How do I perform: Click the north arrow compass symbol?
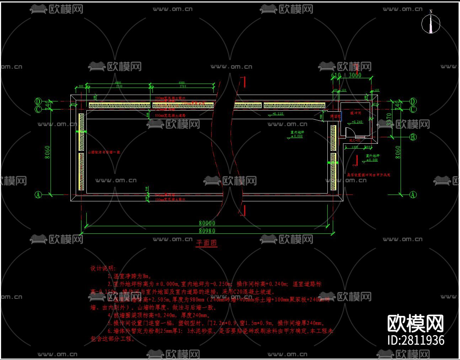pyautogui.click(x=430, y=23)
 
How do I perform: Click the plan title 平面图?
pyautogui.click(x=207, y=243)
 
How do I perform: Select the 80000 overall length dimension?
pyautogui.click(x=207, y=223)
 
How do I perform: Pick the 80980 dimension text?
pyautogui.click(x=207, y=231)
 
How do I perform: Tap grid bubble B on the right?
pyautogui.click(x=413, y=137)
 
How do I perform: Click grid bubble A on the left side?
pyautogui.click(x=38, y=195)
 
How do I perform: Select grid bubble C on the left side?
pyautogui.click(x=38, y=109)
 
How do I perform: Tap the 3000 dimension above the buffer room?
pyautogui.click(x=355, y=75)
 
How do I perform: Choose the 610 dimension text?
pyautogui.click(x=336, y=75)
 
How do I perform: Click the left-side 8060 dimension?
pyautogui.click(x=48, y=152)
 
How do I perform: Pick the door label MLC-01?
pyautogui.click(x=354, y=141)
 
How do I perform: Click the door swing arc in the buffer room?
pyautogui.click(x=350, y=132)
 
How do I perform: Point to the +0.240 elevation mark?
pyautogui.click(x=357, y=122)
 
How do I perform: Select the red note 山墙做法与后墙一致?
pyautogui.click(x=104, y=152)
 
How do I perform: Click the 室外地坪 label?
pyautogui.click(x=372, y=156)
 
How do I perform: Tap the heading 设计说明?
pyautogui.click(x=103, y=268)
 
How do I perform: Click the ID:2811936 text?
pyautogui.click(x=416, y=340)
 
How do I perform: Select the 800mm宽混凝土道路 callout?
pyautogui.click(x=170, y=116)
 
